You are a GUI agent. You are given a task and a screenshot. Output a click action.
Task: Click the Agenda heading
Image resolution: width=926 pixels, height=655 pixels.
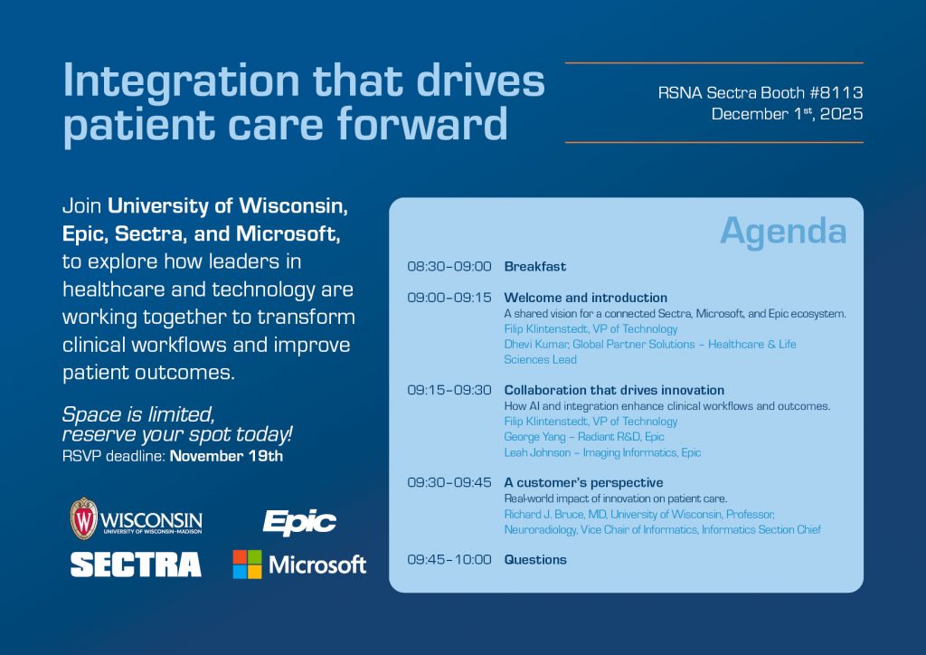pos(783,231)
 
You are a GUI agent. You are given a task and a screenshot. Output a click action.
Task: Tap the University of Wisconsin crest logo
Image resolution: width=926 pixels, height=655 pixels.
pos(84,518)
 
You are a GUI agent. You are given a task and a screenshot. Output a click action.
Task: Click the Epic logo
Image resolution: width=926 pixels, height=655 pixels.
pos(299,522)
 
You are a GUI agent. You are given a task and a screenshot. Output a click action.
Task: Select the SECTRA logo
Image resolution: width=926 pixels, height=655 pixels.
pos(136,565)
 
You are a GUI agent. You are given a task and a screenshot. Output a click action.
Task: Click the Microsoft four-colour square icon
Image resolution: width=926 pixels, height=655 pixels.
pos(248,565)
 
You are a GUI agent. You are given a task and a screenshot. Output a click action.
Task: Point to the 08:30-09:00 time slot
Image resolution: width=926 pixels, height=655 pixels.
pos(449,266)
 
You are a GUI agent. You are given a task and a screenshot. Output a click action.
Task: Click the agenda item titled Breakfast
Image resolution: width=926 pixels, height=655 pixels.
pos(535,266)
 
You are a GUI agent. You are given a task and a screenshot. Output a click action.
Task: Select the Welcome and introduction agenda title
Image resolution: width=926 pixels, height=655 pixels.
pos(586,298)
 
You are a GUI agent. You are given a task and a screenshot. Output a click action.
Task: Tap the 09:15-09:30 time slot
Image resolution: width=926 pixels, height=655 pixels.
pos(449,390)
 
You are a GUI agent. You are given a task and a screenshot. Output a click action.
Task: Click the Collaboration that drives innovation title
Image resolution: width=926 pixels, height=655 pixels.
pos(614,390)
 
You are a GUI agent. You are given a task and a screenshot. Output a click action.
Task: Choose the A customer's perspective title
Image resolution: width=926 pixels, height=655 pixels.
pos(583,482)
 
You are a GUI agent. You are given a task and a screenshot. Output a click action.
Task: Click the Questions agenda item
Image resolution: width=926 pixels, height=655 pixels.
pos(535,559)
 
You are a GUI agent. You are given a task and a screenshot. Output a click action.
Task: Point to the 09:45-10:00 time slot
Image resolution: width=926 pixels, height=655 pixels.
pos(449,559)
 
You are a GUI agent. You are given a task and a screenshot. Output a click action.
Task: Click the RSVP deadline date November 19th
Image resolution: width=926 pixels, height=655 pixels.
pos(226,456)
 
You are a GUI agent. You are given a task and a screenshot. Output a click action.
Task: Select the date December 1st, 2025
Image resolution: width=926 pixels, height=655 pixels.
pos(788,113)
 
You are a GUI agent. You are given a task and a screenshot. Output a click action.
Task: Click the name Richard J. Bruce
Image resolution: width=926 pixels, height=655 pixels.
pos(535,514)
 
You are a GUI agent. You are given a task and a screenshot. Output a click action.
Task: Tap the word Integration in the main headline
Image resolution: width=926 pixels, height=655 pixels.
pos(181,81)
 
